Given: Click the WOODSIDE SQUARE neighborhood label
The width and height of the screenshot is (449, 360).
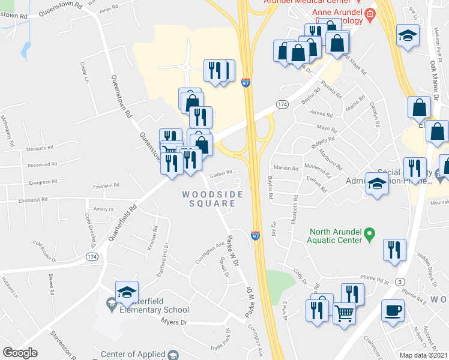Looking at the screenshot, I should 212,199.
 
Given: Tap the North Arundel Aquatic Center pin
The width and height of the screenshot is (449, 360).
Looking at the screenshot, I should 370,232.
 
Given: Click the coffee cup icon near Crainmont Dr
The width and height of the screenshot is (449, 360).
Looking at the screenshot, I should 393,311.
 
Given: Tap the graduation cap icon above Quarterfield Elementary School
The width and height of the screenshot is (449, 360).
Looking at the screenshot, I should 127,292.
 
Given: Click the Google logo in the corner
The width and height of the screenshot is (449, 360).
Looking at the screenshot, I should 20,352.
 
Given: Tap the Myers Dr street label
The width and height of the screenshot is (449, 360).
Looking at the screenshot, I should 175,322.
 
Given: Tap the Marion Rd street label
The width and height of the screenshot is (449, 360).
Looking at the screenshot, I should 286,169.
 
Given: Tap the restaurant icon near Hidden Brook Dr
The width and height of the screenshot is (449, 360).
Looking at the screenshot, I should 394,250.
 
